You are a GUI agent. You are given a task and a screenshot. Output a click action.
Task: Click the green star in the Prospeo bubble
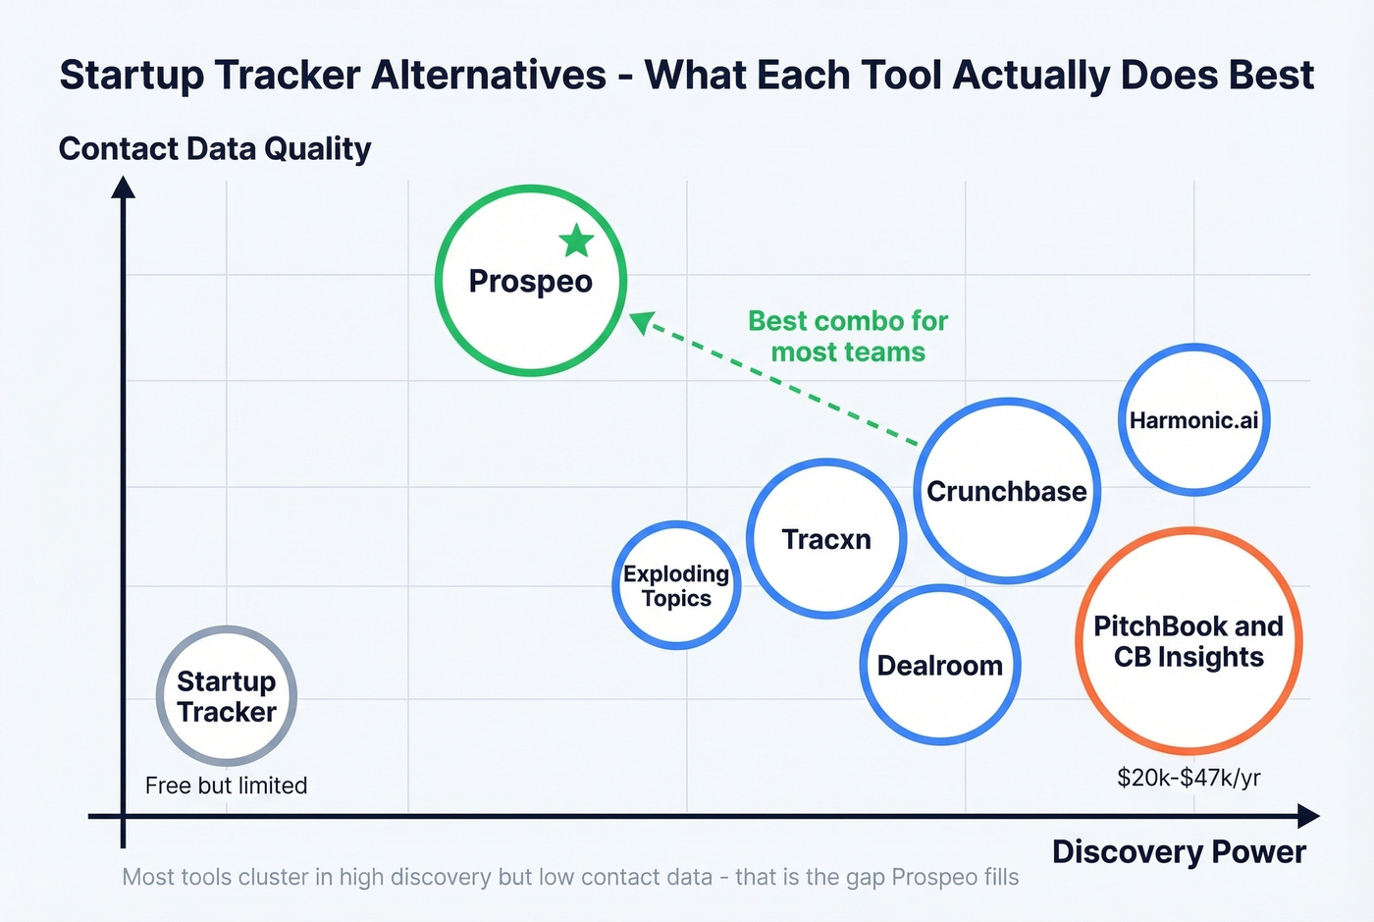coord(576,241)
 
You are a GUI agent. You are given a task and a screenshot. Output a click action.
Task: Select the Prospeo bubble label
coord(530,282)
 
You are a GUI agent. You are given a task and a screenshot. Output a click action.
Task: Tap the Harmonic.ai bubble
coord(1193,420)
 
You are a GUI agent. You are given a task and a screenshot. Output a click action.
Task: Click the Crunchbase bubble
coord(1007,491)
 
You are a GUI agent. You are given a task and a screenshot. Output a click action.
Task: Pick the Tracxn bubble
coord(826,539)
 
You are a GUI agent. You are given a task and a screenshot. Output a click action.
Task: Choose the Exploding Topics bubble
coord(676,586)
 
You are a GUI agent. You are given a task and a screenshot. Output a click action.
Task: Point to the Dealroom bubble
coord(939,666)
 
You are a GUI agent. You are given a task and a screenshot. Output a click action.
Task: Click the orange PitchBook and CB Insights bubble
coord(1189,641)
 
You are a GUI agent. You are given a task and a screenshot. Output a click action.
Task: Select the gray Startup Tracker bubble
coord(227,696)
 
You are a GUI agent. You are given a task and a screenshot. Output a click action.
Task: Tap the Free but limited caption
coord(226,786)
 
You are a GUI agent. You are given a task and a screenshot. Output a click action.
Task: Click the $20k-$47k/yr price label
coord(1189,778)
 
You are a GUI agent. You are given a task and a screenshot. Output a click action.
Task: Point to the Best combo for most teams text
coord(848,337)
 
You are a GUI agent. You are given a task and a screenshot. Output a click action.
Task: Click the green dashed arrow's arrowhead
coord(641,321)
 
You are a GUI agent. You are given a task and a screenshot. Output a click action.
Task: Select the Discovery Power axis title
coord(1179,851)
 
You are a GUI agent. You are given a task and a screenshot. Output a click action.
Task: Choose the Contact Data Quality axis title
coord(215,148)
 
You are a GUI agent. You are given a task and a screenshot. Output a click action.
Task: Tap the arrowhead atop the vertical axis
coord(123,187)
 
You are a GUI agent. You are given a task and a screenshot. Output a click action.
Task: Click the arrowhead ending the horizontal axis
coord(1308,815)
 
